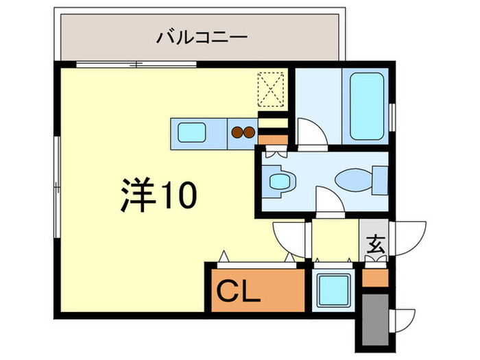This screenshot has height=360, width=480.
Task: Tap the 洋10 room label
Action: [x=160, y=195]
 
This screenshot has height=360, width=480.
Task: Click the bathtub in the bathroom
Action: [x=367, y=106]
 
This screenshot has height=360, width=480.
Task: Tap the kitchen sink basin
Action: [x=191, y=131]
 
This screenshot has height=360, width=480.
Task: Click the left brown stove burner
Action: [x=237, y=132]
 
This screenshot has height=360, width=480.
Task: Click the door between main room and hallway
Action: [x=291, y=237]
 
